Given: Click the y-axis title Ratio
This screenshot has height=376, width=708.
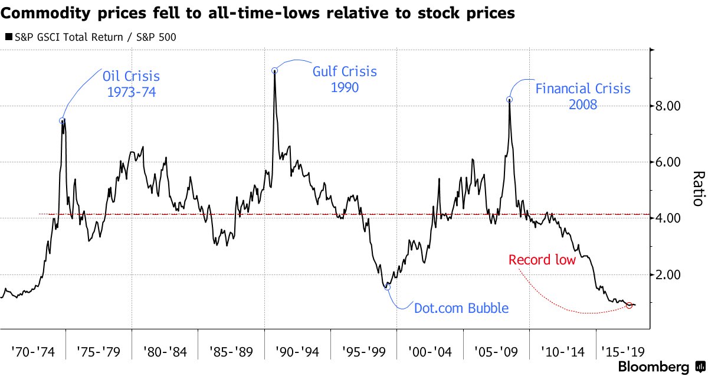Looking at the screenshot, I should pos(698,189).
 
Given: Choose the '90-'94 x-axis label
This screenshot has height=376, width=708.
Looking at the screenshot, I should pos(297,353).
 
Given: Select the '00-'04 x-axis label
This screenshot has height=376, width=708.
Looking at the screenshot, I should pos(430,353).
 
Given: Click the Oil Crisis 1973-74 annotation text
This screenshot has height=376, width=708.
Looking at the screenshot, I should pos(131,84).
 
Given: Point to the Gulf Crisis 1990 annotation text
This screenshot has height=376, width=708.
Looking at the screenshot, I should pos(344,79).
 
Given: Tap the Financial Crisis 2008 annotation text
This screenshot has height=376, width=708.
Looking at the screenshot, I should pos(583,96).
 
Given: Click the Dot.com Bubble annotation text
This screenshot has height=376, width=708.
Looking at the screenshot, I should pos(461,308).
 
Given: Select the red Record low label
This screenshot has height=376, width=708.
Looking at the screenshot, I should pos(542,260).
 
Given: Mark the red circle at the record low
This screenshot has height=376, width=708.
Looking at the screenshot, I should pos(629,305).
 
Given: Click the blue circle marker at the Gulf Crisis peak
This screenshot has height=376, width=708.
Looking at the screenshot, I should pos(274,70).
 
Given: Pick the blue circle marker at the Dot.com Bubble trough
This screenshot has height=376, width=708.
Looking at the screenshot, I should pos(388,286).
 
